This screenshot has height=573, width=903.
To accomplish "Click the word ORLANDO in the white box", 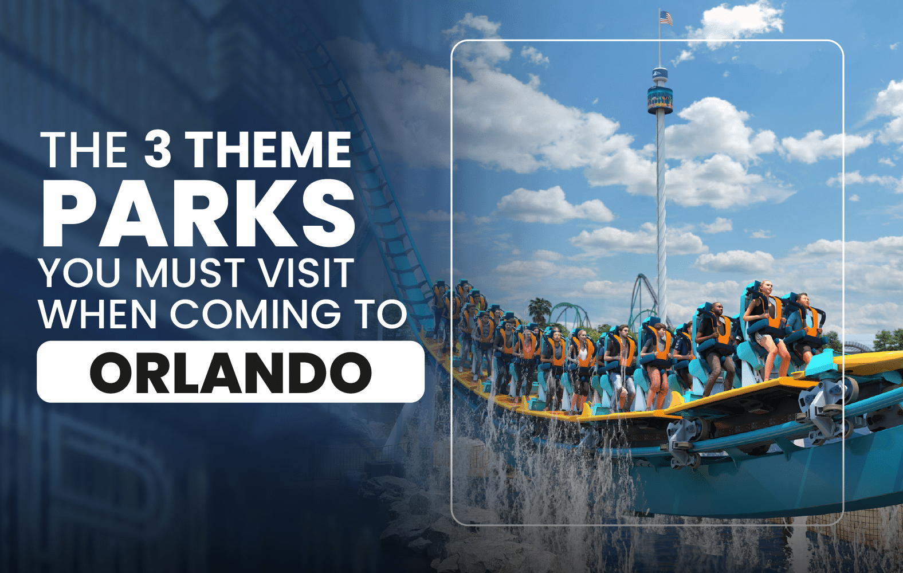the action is (x=230, y=372).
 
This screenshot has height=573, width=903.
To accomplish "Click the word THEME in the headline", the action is (x=270, y=149).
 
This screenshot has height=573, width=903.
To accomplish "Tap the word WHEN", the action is (x=98, y=313).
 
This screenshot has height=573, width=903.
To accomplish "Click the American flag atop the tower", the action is (x=666, y=18).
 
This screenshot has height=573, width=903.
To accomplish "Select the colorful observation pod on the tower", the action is (x=660, y=99).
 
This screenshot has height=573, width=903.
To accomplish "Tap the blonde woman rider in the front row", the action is (x=764, y=327).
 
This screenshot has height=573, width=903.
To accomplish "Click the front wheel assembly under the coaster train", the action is (x=822, y=403).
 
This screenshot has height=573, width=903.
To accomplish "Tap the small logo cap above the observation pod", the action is (x=659, y=74).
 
